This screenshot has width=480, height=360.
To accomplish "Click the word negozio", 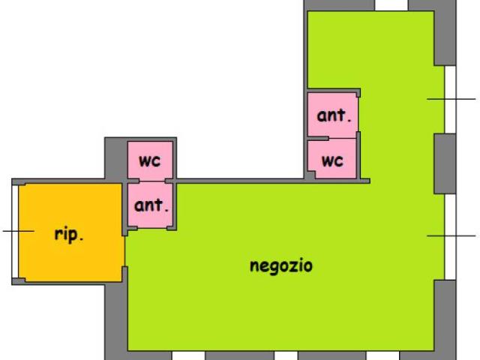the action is coord(281,265).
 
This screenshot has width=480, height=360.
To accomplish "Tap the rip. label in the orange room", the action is coord(68,235).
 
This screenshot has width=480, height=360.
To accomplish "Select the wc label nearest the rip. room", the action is coord(149,160).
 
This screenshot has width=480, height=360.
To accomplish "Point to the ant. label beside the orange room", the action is coord(151,205).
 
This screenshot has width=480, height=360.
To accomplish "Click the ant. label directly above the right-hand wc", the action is coord(334,115).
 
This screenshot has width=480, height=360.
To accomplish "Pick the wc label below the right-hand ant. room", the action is coord(332,161).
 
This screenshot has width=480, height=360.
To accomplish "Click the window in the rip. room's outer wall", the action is coord(15,232).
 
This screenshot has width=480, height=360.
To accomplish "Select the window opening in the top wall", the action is coord(391,5).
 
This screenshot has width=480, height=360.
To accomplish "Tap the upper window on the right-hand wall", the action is coord(450,100).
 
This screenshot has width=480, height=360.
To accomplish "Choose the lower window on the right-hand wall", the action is coord(450,237).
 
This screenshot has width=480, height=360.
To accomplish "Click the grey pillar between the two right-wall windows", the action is coord(445,163).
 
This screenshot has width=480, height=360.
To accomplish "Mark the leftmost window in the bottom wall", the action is coord(188,355).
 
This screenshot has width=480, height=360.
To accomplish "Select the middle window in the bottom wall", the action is coord(286,355).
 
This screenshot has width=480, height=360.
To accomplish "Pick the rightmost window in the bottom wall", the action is coord(383,355).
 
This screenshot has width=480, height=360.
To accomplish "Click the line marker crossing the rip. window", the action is coord(18,231).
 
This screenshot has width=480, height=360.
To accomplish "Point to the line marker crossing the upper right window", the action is coord(451,99).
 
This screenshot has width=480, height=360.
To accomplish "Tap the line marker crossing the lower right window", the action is coord(451,235).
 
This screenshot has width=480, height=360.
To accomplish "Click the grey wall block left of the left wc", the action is coord(116,158).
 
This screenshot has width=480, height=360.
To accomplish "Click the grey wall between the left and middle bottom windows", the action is coord(239,355).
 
